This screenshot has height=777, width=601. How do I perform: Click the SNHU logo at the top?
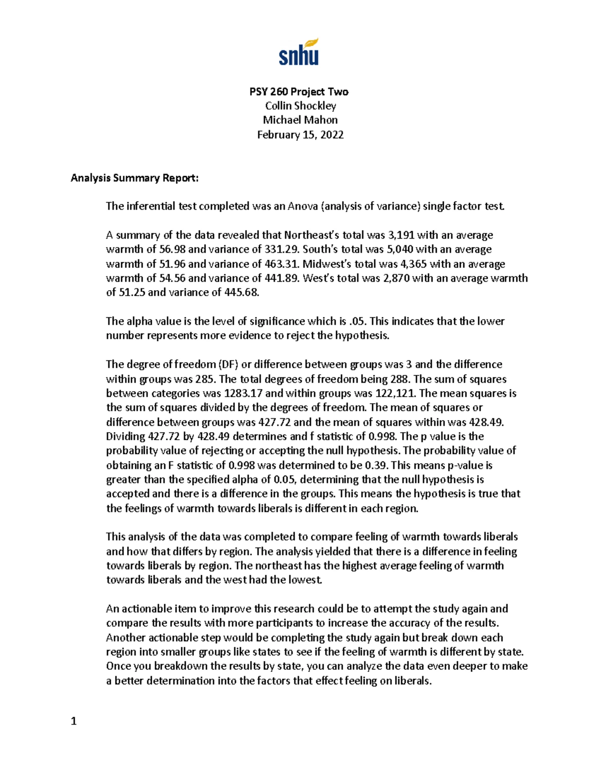(299, 52)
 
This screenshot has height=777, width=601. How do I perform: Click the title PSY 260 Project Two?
(299, 92)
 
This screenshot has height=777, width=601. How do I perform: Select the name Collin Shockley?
(300, 106)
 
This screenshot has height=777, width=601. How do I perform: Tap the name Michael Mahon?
(300, 120)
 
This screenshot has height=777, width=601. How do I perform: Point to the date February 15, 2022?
(300, 135)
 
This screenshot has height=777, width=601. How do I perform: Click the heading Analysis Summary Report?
(134, 178)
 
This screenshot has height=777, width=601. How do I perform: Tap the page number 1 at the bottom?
(74, 721)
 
